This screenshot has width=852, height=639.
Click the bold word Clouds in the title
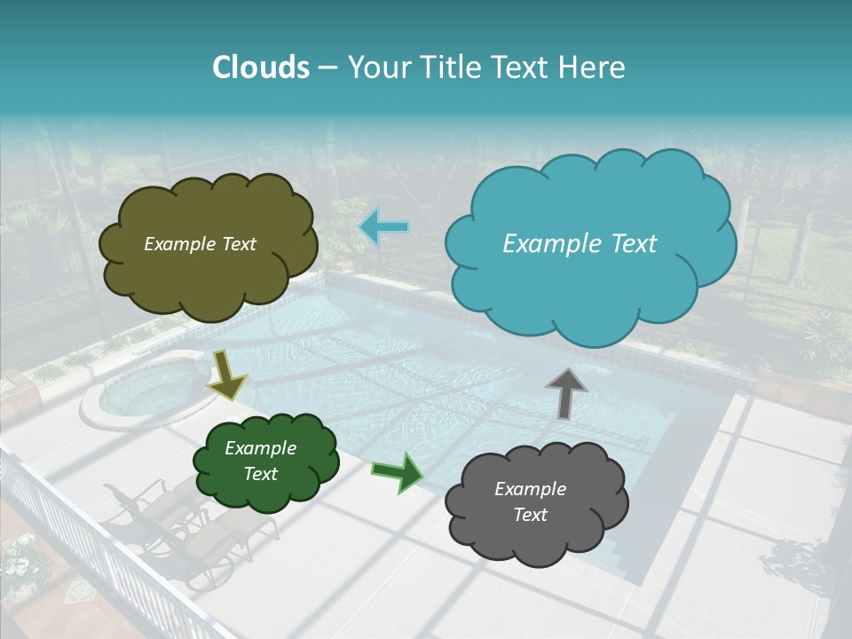(261, 67)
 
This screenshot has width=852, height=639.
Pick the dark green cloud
(265, 461)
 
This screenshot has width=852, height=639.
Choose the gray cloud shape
(535, 502)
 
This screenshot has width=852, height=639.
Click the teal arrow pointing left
(383, 227)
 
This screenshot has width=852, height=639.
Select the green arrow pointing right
(398, 472)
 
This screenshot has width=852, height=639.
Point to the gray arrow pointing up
(567, 392)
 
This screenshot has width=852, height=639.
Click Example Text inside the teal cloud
(580, 243)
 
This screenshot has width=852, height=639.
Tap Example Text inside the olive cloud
(200, 244)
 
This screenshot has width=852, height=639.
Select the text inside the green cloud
(260, 461)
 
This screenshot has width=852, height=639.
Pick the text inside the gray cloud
(530, 501)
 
